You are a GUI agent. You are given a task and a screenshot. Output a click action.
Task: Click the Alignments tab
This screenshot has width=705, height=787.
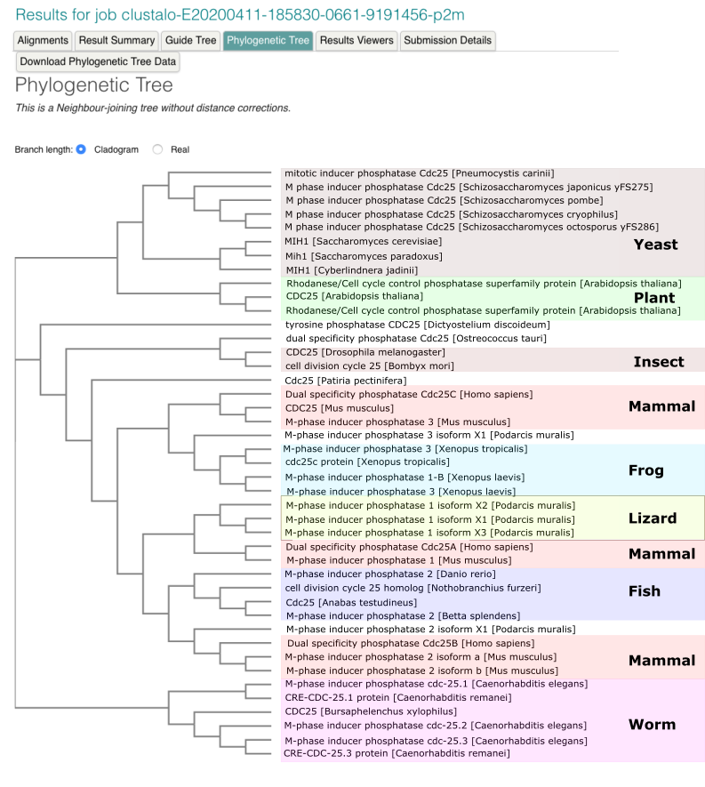43,40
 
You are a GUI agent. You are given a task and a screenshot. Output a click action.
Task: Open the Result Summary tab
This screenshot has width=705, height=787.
116,40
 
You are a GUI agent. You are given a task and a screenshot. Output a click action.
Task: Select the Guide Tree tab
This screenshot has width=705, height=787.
191,40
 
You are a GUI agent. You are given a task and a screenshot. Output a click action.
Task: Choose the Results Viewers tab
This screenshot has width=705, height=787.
356,40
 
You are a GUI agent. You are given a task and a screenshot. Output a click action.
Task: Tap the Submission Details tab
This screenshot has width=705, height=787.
446,40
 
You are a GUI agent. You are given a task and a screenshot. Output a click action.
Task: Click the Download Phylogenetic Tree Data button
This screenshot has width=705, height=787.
98,61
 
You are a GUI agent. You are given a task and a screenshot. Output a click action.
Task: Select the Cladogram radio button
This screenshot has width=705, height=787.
81,149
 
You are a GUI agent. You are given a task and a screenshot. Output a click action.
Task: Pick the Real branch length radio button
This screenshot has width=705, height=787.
158,149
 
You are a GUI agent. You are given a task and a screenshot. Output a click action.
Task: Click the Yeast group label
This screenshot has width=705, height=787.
655,245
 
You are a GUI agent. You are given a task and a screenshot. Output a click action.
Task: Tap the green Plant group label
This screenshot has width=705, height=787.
654,298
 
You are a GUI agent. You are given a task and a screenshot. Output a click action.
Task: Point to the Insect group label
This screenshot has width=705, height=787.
659,362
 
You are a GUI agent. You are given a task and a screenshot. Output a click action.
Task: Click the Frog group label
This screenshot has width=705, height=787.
646,470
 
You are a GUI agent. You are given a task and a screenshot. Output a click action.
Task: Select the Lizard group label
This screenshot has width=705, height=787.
653,518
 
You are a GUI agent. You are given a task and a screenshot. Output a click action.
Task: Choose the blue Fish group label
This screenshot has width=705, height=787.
645,591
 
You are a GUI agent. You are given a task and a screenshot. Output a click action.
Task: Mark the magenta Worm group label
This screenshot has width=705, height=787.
652,725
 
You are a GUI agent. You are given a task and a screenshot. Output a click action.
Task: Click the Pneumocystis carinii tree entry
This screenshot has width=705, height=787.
419,173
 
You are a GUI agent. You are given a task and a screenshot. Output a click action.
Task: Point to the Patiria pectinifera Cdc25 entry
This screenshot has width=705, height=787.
345,381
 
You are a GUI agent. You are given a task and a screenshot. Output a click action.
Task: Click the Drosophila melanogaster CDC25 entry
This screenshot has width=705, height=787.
352,353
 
